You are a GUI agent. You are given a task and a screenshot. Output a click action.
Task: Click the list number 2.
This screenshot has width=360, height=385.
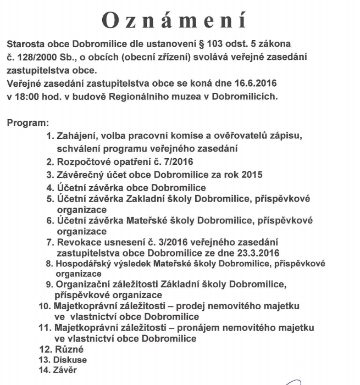click(50, 162)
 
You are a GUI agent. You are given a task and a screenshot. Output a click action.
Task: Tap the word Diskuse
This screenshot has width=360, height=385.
click(70, 360)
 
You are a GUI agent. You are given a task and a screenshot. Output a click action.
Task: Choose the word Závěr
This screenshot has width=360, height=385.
click(65, 371)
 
